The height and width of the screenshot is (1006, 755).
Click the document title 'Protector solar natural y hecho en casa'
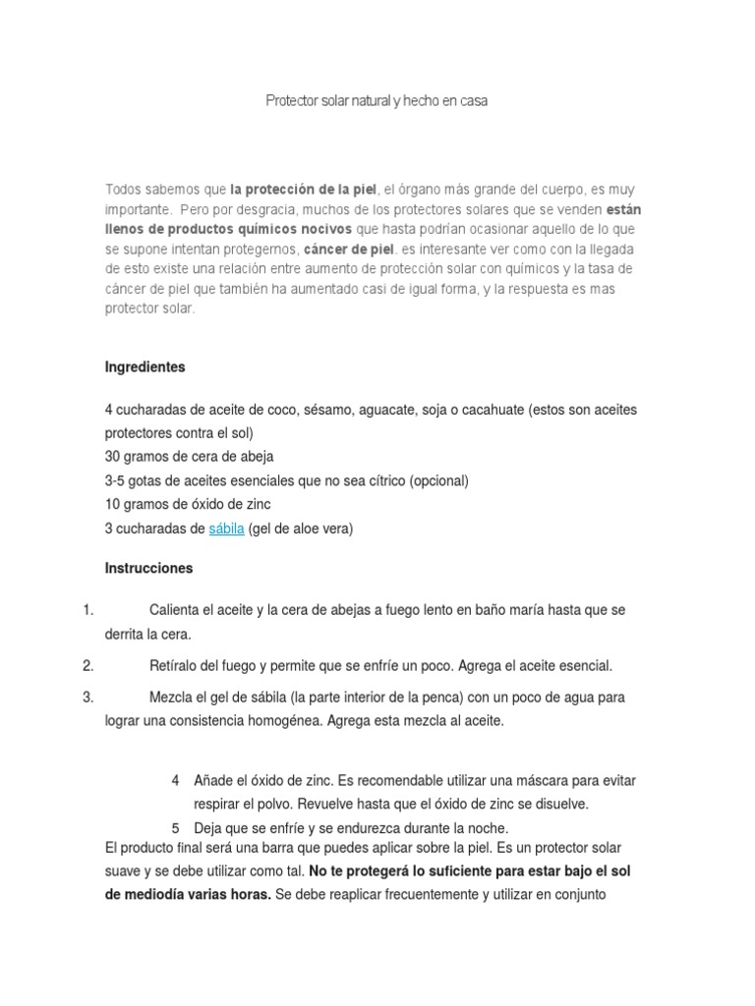377,101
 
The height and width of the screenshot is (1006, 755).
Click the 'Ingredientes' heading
145,367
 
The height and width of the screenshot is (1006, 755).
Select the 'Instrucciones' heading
148,569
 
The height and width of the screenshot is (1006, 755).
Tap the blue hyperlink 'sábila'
226,529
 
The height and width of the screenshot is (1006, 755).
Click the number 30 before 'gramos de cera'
113,457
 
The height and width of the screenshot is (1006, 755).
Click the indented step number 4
175,780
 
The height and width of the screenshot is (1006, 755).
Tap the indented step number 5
175,827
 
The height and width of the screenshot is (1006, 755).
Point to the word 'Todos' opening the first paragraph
124,189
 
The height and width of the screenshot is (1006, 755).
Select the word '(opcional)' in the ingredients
438,481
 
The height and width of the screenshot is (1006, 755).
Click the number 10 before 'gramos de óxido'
113,505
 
